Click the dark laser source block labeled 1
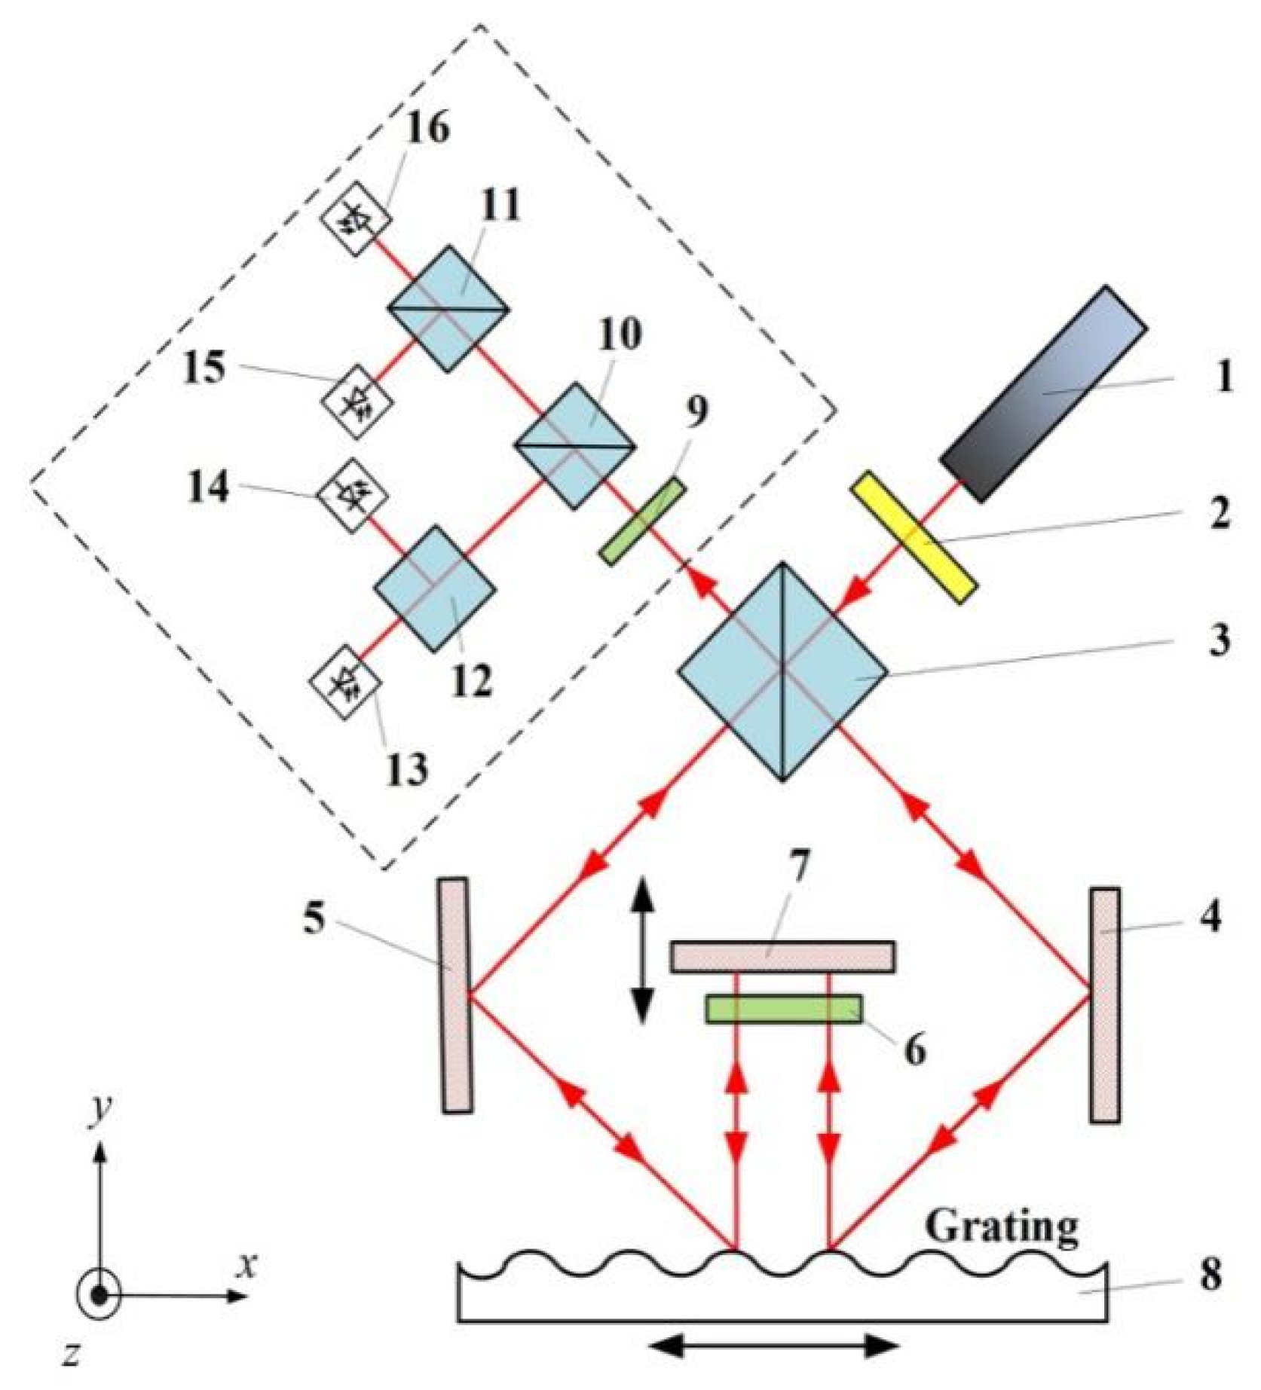coord(1044,393)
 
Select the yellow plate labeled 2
coord(914,537)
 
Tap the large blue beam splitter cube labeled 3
coord(782,671)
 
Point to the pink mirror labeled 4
coord(1104,1004)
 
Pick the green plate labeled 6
coord(783,1009)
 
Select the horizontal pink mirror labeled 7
coord(782,957)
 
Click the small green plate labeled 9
coord(643,520)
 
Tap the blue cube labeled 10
coord(575,446)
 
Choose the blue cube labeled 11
coord(448,308)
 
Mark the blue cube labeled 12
coord(436,588)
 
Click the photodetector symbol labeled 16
coord(354,218)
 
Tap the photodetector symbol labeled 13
coord(346,683)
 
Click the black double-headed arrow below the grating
coord(775,1346)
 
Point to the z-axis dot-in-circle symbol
coord(98,1295)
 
